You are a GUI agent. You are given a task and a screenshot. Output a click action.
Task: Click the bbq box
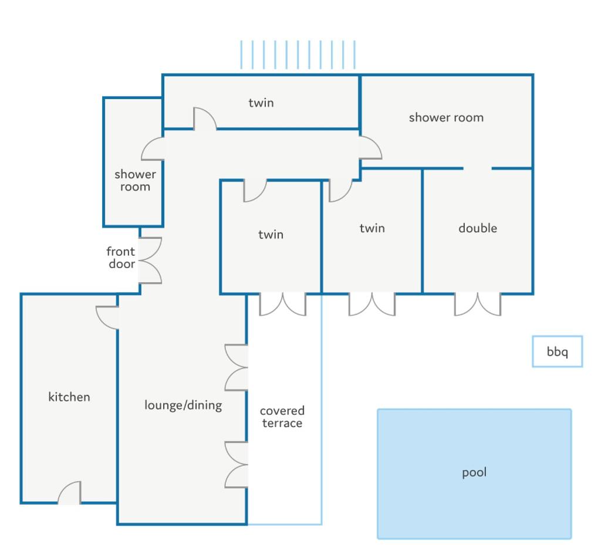coord(557,351)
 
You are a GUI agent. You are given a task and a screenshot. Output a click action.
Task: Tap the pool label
coord(474,472)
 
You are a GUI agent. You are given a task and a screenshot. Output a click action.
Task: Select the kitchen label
coord(69,397)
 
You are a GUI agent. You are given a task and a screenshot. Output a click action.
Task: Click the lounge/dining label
coord(183,405)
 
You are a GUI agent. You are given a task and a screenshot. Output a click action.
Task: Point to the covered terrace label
coord(282,417)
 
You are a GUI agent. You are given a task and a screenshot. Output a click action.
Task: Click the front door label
coord(121,258)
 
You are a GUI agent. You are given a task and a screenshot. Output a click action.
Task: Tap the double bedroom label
coord(478,228)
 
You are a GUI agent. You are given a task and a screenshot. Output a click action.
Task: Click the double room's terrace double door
coord(478,305)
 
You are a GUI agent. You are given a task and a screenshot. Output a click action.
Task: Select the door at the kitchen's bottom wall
coord(69,493)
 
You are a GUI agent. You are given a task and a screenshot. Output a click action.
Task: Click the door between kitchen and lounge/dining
coord(107,317)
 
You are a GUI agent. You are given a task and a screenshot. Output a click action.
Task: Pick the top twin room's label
coord(261,103)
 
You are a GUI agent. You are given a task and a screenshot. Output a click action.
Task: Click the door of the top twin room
coord(205,119)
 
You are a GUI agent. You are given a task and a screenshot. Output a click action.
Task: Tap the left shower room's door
coord(153,148)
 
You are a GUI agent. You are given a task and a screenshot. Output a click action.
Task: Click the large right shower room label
coord(446,117)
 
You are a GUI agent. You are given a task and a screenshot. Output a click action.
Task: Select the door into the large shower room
coord(370,147)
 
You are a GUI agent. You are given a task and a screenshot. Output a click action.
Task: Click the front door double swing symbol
coord(150,261)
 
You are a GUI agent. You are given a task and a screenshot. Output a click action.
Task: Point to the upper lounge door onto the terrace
coord(237,368)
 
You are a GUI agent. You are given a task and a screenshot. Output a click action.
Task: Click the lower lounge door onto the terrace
coord(237,465)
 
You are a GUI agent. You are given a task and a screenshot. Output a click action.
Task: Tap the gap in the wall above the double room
coord(478,168)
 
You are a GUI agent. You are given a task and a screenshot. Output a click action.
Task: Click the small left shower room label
coord(136,180)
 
